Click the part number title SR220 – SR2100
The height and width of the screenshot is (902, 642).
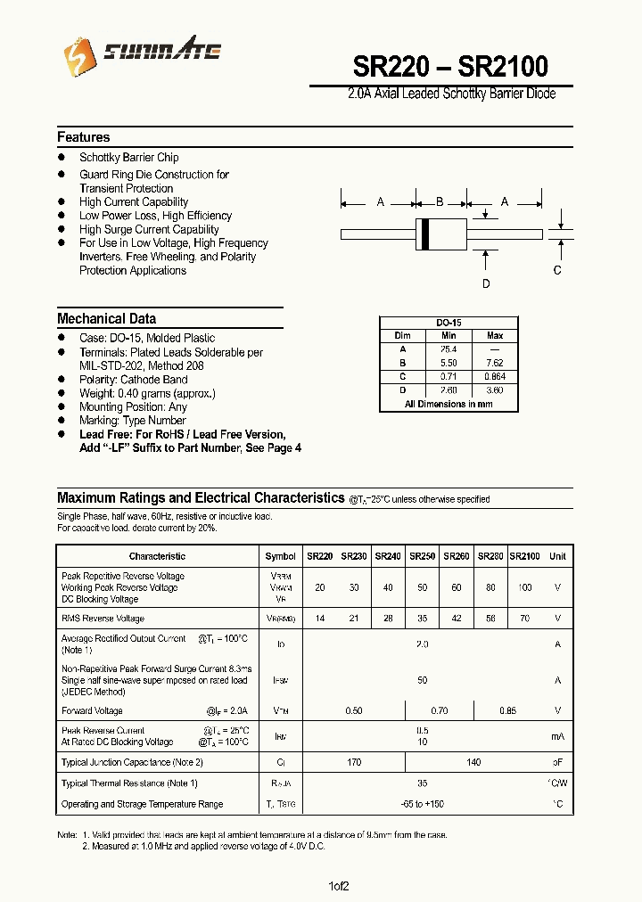[450, 66]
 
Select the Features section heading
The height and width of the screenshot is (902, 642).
[84, 137]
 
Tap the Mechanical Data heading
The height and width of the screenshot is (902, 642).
[106, 318]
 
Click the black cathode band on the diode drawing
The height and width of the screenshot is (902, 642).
[426, 234]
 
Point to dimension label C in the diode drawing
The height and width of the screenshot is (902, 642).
[557, 270]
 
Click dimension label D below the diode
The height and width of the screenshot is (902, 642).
[486, 283]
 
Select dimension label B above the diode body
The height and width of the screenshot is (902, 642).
[440, 202]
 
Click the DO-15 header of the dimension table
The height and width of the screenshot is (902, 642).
[448, 323]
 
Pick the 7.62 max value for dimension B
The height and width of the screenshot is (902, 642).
[495, 363]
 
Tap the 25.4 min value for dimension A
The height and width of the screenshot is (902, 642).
[448, 349]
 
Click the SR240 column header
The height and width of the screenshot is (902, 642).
[388, 556]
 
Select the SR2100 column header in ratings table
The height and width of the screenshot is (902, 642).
[524, 556]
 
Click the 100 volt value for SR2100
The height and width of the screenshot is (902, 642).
[524, 588]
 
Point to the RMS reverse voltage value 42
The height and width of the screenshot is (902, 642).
[456, 618]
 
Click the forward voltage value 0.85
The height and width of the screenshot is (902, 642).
[507, 710]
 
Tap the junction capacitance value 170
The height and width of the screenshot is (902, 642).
[354, 762]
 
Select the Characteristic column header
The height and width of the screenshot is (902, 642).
[157, 556]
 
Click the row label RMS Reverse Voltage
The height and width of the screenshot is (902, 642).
[103, 618]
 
